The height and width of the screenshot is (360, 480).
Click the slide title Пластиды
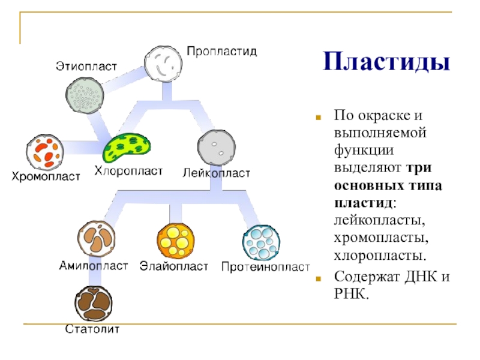[x=386, y=62]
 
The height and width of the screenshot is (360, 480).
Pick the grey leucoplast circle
[x=216, y=146]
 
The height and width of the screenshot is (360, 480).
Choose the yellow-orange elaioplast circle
[x=176, y=241]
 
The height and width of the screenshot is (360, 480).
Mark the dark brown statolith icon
[x=94, y=302]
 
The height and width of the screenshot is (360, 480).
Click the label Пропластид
[x=221, y=52]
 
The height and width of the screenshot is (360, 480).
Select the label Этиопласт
[x=86, y=65]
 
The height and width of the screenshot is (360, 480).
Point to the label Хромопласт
[x=46, y=177]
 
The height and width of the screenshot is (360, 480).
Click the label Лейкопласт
[x=216, y=173]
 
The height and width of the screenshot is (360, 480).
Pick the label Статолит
[x=93, y=329]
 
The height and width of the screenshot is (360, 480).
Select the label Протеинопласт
[x=265, y=266]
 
